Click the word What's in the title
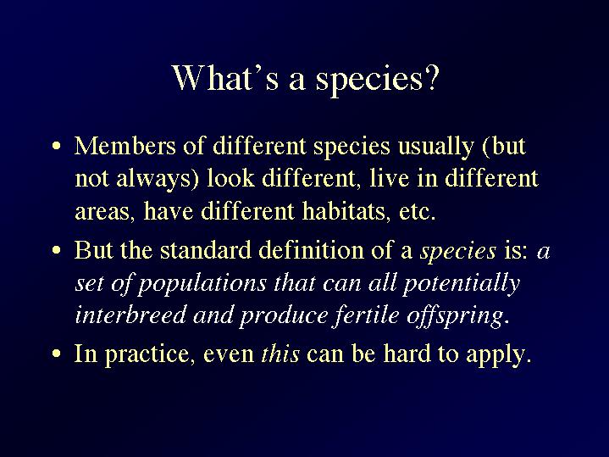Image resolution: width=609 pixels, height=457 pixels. point(224,77)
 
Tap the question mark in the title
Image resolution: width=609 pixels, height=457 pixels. point(431,77)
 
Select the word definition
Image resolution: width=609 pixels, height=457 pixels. point(311,250)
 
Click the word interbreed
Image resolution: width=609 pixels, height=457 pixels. point(130,315)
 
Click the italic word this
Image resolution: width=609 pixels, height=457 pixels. point(280,354)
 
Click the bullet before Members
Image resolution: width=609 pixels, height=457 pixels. point(57,147)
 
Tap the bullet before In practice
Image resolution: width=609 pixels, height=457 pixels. point(57,354)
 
